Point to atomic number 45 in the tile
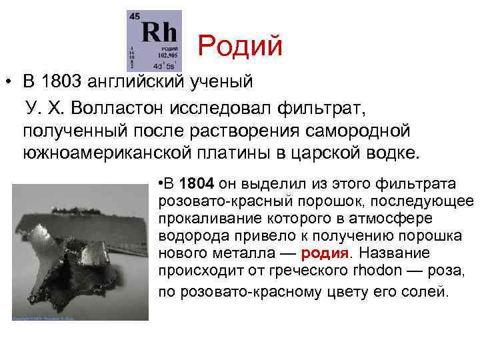click(x=135, y=15)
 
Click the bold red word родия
click(x=325, y=253)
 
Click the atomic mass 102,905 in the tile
click(x=170, y=57)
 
